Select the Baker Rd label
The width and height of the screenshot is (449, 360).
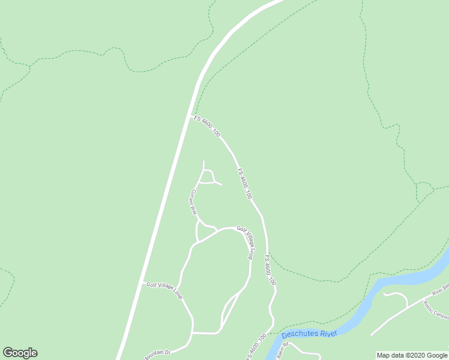(283, 350)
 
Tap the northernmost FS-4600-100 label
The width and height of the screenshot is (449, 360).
(207, 126)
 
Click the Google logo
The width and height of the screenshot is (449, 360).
(20, 353)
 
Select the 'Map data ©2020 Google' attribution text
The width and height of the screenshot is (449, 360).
(412, 355)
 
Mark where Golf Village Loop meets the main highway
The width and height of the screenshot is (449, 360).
(142, 283)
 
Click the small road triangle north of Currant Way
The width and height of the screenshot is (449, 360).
(206, 177)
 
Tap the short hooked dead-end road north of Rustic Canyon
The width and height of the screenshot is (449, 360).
(396, 296)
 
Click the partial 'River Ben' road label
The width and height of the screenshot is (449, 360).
(441, 290)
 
